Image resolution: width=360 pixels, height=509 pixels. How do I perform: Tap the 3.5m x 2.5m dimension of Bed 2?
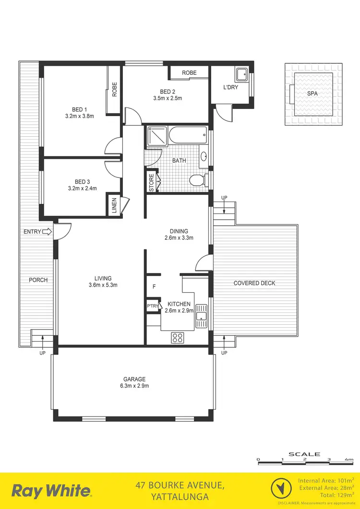[164, 98]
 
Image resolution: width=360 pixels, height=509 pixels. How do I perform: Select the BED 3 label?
[82, 182]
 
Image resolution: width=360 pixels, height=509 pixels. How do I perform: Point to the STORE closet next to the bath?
[152, 183]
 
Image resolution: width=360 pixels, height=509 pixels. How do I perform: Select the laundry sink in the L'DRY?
[241, 74]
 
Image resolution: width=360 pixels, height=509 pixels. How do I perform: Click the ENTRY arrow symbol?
[47, 232]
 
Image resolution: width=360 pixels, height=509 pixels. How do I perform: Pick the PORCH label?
[38, 280]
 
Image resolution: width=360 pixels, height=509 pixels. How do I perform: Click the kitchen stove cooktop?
[178, 338]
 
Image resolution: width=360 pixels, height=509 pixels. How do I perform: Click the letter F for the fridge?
[154, 287]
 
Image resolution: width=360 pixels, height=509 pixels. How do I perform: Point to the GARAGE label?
[133, 379]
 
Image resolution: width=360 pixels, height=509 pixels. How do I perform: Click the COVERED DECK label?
[254, 283]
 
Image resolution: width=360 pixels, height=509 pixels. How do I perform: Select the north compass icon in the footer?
[282, 489]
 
